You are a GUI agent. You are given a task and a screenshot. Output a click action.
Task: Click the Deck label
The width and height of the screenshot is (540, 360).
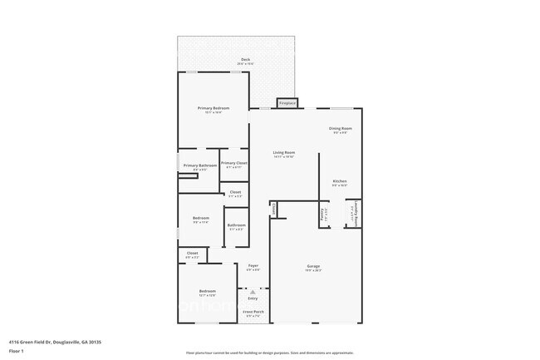245,59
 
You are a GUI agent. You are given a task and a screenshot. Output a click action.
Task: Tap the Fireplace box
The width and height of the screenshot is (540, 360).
287,103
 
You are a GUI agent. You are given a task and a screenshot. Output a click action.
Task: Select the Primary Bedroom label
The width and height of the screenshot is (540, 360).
213,108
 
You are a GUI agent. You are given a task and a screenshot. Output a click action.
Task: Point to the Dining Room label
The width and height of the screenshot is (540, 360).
341,128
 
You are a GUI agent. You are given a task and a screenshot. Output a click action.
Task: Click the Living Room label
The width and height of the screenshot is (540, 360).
285,152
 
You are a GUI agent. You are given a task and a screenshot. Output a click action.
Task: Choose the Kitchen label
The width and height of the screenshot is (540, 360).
340,181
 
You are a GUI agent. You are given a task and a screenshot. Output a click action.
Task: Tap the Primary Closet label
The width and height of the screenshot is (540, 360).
234,163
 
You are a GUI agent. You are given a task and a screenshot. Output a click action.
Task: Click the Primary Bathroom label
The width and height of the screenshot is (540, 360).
200,165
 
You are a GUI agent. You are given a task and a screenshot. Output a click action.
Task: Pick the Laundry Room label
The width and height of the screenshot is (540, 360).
354,215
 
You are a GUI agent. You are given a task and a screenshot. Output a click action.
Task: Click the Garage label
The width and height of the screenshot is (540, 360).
312,266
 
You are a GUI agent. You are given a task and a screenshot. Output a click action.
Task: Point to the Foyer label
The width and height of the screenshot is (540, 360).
253,265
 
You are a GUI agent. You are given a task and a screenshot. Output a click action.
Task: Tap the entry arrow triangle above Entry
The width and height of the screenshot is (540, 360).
253,292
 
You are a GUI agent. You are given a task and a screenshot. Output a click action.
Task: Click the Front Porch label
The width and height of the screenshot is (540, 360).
253,313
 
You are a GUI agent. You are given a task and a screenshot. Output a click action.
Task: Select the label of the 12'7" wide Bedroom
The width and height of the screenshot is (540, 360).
207,291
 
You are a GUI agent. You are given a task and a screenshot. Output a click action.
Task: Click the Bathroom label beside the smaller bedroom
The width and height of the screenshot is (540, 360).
237,225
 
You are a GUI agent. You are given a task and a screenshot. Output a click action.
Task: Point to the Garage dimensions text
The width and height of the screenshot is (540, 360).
312,270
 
